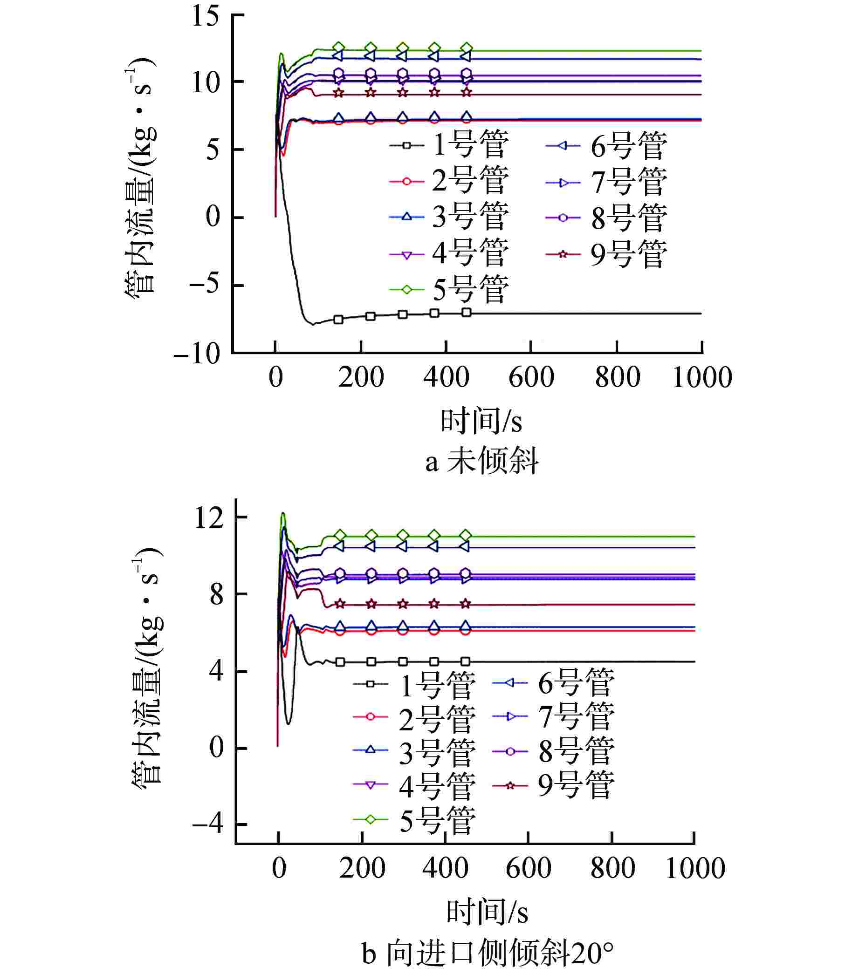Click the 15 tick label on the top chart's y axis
click(x=205, y=16)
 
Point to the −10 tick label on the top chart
click(x=197, y=354)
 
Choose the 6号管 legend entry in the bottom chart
click(x=553, y=683)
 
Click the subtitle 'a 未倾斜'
click(x=481, y=461)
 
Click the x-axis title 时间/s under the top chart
click(x=481, y=421)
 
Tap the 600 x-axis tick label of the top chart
click(x=531, y=377)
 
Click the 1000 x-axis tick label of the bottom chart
click(x=694, y=868)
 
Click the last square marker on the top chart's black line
click(x=467, y=313)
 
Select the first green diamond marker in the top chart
click(x=339, y=47)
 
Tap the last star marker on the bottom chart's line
click(x=466, y=604)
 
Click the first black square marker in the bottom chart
click(x=340, y=662)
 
